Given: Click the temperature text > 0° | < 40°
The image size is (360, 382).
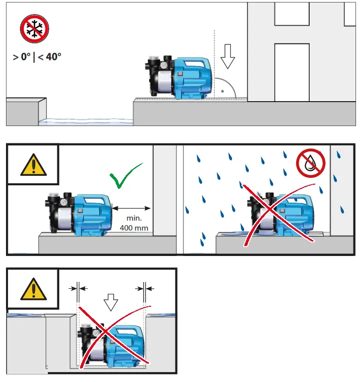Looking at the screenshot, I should coord(37,57).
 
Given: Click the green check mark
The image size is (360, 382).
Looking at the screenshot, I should coord(125,177).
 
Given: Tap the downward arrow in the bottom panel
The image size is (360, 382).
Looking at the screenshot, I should coord(110,302).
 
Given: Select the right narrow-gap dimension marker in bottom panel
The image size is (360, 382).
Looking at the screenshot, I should coord(144,288).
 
